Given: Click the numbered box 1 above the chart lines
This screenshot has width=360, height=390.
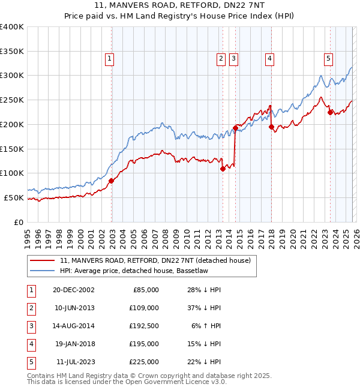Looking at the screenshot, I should tap(110, 58).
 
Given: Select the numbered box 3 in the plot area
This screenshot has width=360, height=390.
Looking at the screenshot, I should tap(233, 58).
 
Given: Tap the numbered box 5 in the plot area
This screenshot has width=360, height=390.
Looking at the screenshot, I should tap(329, 58).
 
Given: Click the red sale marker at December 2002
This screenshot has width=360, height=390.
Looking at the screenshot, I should tap(112, 180).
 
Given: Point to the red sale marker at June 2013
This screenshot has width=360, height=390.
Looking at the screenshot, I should tap(223, 169).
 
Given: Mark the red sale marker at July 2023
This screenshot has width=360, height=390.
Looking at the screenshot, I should tap(330, 112).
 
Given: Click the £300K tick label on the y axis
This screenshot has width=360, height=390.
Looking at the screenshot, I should tap(12, 76).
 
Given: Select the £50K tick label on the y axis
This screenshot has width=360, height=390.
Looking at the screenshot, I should tap(14, 197).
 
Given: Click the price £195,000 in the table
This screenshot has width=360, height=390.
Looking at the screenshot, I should tap(145, 344).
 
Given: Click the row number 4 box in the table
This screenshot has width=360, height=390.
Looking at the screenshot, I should tap(31, 344).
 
